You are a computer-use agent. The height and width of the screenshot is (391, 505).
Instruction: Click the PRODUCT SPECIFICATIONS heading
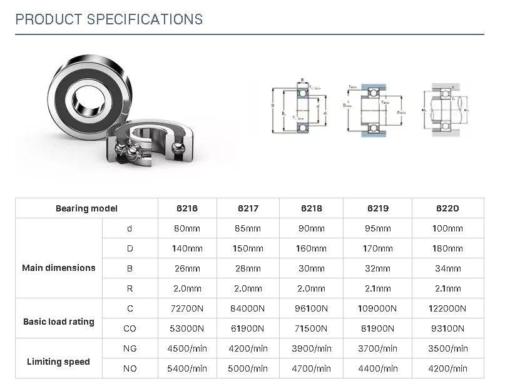(x=109, y=19)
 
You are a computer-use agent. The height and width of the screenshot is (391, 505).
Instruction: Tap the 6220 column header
(x=447, y=208)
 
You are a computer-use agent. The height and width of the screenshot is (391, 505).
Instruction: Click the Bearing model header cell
(x=86, y=208)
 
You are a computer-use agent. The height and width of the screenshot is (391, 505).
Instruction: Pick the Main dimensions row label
(x=59, y=268)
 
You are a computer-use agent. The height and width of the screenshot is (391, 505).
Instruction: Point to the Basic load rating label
(x=59, y=322)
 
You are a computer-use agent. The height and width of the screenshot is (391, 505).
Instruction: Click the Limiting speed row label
(x=59, y=362)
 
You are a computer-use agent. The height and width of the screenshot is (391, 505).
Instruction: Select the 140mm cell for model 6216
(x=187, y=248)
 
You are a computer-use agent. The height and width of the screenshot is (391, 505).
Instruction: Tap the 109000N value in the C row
(x=378, y=308)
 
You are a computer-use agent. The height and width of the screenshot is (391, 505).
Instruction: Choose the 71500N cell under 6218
(x=312, y=328)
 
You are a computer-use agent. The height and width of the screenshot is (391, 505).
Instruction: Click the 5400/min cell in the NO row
(x=187, y=368)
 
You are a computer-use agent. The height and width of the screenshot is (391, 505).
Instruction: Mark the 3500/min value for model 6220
(x=447, y=348)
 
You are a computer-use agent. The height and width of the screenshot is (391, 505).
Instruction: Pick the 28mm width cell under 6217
(x=248, y=268)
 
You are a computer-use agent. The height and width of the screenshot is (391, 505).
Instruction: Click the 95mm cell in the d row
(x=378, y=228)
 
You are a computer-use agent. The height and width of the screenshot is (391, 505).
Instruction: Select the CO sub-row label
(x=130, y=328)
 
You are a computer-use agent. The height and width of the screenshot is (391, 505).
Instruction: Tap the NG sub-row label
(x=130, y=348)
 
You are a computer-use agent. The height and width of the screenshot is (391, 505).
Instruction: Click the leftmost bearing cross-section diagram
(x=298, y=109)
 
